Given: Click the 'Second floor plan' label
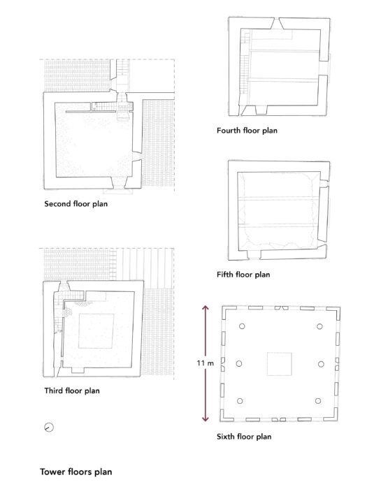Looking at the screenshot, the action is point(76,204).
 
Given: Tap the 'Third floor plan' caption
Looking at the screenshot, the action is point(72,391).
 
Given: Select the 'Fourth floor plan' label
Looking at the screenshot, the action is point(247,131).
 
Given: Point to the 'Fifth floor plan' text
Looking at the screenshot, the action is point(243,275).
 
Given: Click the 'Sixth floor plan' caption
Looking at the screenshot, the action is point(244,437).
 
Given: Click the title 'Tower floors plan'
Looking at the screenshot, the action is point(76,472).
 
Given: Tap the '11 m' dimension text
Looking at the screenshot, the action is point(206,363).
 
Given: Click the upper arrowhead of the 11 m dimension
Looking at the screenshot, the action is point(205,308).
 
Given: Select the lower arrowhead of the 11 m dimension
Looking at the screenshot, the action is point(205,418).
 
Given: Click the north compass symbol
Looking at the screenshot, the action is point(49,428).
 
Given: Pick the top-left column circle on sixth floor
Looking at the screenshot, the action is point(242,326).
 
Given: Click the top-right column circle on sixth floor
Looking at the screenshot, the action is point(319,326).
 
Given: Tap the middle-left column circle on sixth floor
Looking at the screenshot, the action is point(239,364).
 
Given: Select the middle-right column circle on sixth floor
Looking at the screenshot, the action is point(321,364).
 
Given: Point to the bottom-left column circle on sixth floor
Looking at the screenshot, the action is point(240,401).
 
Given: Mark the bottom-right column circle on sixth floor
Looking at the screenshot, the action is point(318,401).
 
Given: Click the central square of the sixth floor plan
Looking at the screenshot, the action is point(279,364).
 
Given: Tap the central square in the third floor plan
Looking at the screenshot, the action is point(96,331).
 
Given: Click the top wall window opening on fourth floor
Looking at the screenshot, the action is point(277,24).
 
